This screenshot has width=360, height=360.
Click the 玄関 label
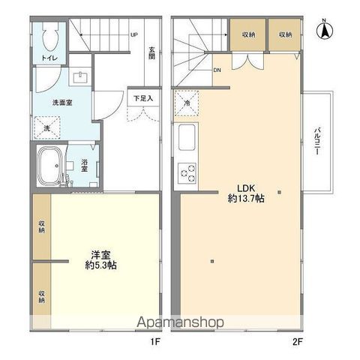151,55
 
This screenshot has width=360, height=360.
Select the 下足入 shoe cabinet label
142,97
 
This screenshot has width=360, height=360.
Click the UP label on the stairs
133,35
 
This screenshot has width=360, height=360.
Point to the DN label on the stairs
217,70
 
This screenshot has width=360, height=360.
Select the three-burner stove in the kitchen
185,173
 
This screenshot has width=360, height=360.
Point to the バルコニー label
318,142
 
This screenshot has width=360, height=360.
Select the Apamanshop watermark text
180,322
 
